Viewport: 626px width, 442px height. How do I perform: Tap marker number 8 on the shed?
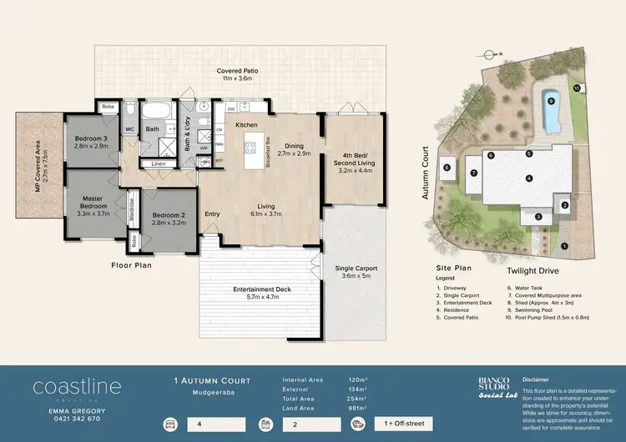[447, 167]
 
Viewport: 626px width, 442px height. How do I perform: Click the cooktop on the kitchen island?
[250, 148]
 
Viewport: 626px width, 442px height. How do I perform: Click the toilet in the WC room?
[130, 109]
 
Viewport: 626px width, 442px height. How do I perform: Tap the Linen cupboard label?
[159, 163]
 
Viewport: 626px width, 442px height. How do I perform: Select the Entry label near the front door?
[212, 213]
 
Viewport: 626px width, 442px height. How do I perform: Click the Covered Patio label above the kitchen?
[237, 71]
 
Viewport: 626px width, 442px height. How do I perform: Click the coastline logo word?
[77, 387]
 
